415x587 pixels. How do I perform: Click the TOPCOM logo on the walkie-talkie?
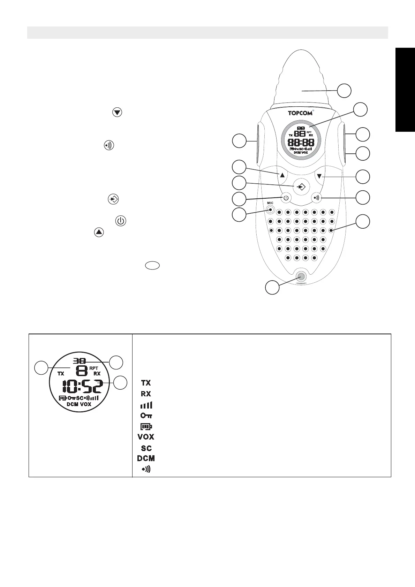tap(300, 113)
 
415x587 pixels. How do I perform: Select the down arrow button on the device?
tap(319, 176)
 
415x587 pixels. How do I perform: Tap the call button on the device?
tap(316, 198)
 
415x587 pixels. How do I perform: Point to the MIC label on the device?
tap(270, 203)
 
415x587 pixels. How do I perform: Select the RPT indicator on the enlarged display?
tap(94, 368)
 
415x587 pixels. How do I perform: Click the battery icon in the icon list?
tap(146, 426)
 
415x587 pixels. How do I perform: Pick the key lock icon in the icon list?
tap(146, 416)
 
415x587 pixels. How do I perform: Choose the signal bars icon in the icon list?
tap(146, 405)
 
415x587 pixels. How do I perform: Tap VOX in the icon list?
tap(146, 437)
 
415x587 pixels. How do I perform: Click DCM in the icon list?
tap(146, 458)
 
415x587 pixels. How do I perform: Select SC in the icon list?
tap(146, 448)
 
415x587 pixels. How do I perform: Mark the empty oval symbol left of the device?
tap(152, 266)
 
